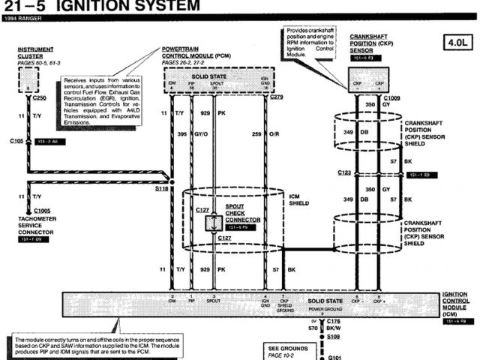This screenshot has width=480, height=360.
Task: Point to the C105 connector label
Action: [x=16, y=140]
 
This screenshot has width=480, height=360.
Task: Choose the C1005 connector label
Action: [x=41, y=211]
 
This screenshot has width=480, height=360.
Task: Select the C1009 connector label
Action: [x=391, y=98]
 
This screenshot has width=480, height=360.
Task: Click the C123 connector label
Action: [x=344, y=173]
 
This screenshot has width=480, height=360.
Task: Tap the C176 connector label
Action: [x=334, y=320]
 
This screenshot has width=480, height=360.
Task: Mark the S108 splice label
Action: [x=334, y=338]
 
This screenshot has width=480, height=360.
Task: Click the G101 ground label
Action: [x=334, y=357]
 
